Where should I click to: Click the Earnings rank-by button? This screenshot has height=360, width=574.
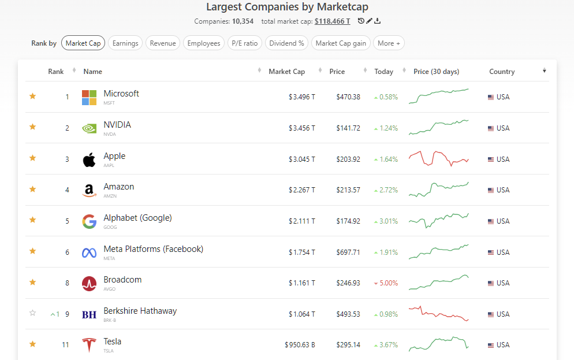tap(125, 43)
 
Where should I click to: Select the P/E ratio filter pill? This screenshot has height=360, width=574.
tap(245, 43)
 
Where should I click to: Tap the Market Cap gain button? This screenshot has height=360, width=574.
tap(341, 43)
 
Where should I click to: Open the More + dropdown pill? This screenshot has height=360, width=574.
tap(389, 43)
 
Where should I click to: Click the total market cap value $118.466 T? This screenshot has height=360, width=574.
tap(332, 21)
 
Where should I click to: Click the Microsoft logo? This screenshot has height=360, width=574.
tap(89, 97)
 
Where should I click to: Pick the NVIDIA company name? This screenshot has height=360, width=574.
tap(117, 125)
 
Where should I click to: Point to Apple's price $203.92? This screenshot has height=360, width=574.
tap(348, 159)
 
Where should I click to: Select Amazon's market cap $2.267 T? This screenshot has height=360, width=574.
tap(302, 190)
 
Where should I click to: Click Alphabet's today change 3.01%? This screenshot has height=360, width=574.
tap(388, 221)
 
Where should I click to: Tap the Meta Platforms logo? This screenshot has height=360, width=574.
tap(89, 253)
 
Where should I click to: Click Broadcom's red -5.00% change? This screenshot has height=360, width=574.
tap(388, 283)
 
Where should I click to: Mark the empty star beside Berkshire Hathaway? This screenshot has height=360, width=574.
tap(33, 313)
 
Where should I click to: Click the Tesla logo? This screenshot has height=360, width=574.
tap(89, 345)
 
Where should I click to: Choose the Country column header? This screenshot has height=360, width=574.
tap(501, 72)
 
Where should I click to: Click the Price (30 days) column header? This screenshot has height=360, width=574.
tap(436, 72)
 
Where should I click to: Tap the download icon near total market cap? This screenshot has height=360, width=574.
tap(378, 21)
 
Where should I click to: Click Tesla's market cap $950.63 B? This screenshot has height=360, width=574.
tap(300, 345)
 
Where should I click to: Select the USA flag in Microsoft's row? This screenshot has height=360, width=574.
tap(491, 97)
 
